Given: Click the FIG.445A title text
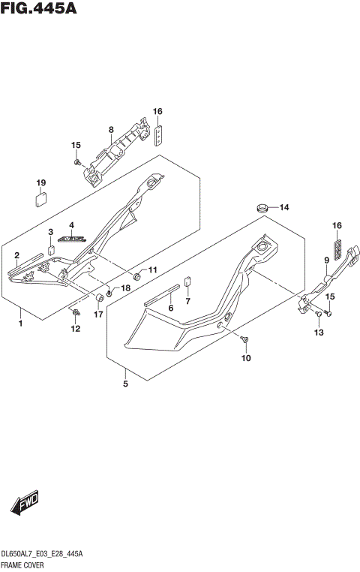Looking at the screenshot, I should [39, 10].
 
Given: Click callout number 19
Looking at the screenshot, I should [40, 182].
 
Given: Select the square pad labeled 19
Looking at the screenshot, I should [42, 199].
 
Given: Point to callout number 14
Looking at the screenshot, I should [284, 207].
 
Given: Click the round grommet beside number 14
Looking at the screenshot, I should [263, 206].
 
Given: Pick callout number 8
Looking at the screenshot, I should [111, 130].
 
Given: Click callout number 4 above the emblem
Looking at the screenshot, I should [72, 225].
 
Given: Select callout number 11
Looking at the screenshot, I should [152, 270].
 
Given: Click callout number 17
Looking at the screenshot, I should [98, 315].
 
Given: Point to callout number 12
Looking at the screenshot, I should [75, 329].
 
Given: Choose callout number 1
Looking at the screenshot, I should [21, 324].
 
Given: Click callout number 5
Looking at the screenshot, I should [125, 384].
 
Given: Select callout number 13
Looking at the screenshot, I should [319, 332].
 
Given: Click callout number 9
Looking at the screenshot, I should [327, 260].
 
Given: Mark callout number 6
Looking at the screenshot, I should [171, 308].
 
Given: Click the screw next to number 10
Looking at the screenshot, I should [245, 341].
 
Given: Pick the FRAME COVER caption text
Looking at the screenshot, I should [23, 563].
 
